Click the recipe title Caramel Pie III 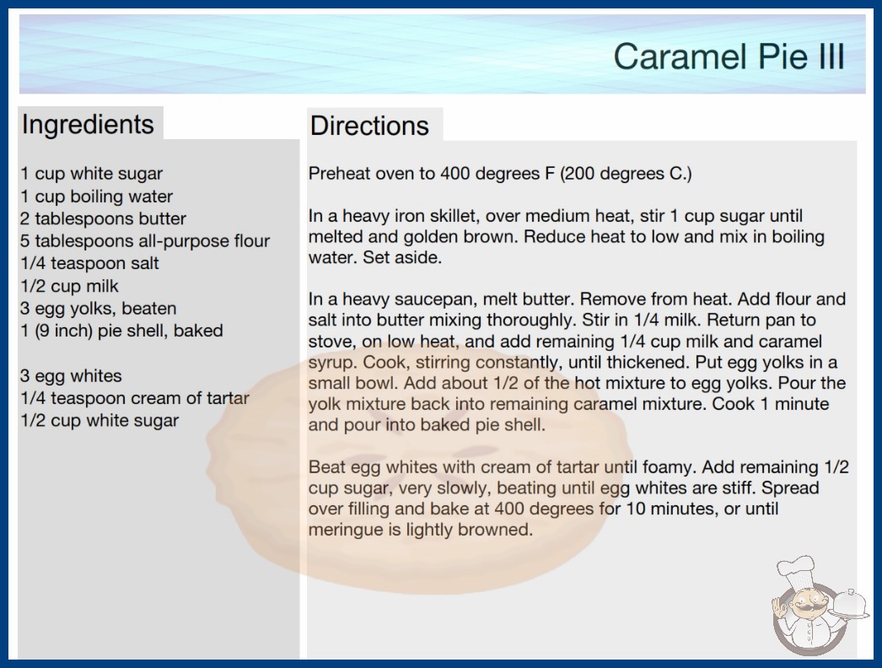(729, 57)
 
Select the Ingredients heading (88, 125)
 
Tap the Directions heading (369, 126)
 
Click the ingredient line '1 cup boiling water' (96, 197)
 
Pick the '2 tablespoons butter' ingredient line (103, 218)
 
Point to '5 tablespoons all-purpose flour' (145, 241)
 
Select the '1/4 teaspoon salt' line (89, 263)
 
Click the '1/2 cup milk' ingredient (69, 286)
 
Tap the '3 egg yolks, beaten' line (99, 309)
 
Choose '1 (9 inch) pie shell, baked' (121, 331)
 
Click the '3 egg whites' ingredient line (71, 375)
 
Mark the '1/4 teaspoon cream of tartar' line (134, 398)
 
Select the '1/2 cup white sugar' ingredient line (99, 420)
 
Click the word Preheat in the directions (339, 174)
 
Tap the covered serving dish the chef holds (849, 605)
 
